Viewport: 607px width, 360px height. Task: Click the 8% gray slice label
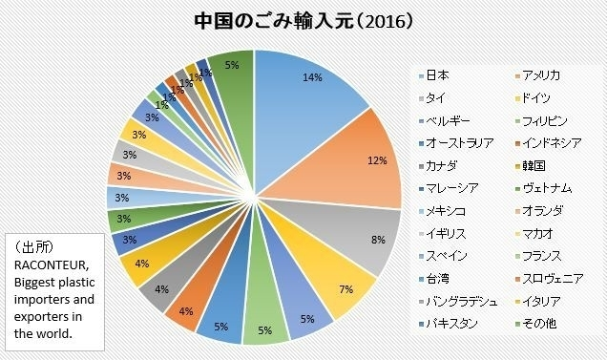point(378,240)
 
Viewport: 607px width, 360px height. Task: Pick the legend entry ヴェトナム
point(550,188)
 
